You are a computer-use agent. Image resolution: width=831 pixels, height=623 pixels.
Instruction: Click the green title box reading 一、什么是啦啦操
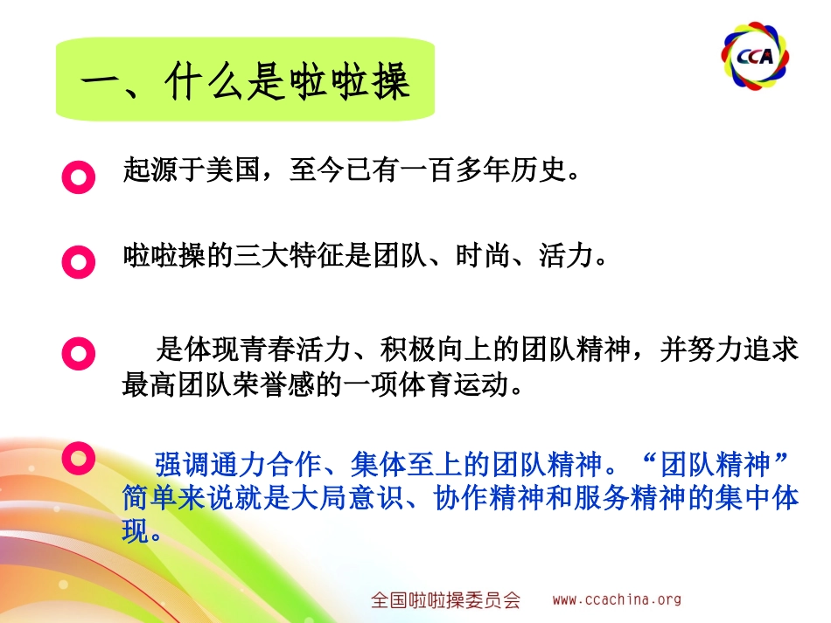[x=246, y=80]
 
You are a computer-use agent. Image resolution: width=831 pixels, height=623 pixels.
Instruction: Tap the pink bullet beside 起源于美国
[x=79, y=177]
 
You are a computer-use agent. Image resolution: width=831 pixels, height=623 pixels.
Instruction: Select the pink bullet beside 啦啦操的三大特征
[x=79, y=262]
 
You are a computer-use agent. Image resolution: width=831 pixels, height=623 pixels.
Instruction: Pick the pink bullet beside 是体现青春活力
[x=79, y=353]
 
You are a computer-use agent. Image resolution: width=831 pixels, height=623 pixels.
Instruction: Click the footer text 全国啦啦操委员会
[x=445, y=600]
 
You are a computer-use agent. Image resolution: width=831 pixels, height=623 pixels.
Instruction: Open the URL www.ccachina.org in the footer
[x=616, y=599]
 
